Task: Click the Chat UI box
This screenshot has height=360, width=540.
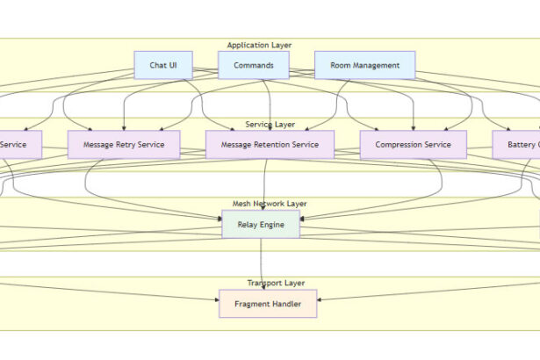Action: [x=163, y=65]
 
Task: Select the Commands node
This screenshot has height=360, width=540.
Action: [x=254, y=65]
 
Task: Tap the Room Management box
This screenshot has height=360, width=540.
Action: [x=364, y=65]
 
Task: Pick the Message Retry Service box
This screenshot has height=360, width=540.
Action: [x=123, y=145]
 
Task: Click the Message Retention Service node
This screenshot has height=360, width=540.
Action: [x=270, y=145]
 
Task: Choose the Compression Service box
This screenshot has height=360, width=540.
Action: [x=413, y=145]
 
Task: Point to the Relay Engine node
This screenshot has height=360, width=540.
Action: [x=260, y=224]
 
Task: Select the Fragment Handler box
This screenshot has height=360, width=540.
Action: [x=267, y=304]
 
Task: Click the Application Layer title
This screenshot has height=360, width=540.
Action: [x=259, y=45]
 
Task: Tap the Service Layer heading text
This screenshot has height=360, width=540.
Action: [x=270, y=125]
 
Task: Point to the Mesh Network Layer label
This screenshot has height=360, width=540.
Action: [x=270, y=204]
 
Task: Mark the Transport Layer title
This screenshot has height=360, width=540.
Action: [x=276, y=284]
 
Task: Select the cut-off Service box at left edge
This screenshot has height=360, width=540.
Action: [x=19, y=145]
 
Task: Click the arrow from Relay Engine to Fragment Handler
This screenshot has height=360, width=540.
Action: [x=261, y=263]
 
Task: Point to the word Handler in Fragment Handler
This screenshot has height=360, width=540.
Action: [x=285, y=304]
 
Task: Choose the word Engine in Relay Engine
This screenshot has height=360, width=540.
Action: [x=273, y=224]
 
